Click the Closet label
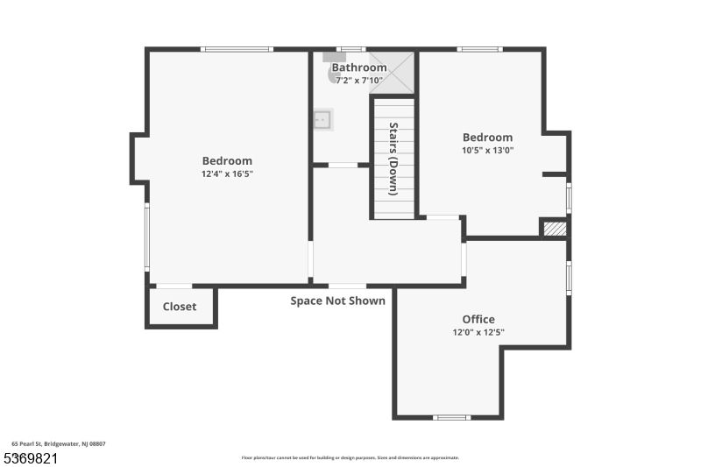tap(180, 307)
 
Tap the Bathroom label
tap(358, 67)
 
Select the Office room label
tap(478, 319)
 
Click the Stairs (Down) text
tap(393, 158)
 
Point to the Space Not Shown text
tap(338, 301)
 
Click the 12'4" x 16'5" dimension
tap(227, 173)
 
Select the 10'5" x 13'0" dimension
tap(487, 150)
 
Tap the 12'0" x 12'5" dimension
tap(478, 332)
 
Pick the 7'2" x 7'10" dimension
tap(358, 80)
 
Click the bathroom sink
tap(323, 120)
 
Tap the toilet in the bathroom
tap(334, 73)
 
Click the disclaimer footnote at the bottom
tap(350, 457)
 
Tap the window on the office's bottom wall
tap(452, 417)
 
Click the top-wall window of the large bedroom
tap(237, 49)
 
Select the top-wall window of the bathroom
tap(351, 49)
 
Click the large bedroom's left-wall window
tap(147, 237)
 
